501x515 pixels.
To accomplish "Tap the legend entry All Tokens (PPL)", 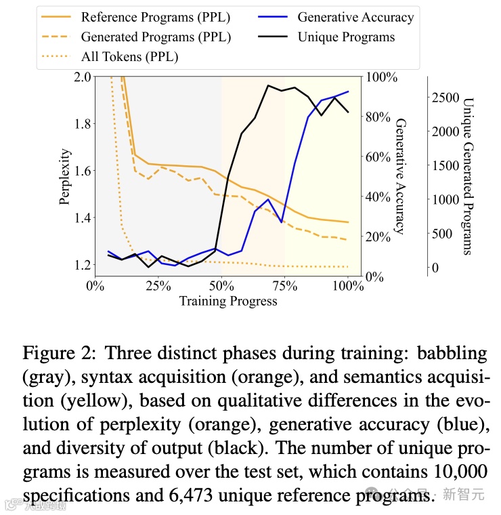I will (129, 56).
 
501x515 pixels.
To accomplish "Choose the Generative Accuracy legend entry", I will (356, 16).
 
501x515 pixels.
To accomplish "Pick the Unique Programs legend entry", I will (346, 37).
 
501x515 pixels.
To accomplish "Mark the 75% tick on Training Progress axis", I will (285, 286).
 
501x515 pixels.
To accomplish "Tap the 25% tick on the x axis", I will (158, 286).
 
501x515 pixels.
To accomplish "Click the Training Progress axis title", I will (228, 301).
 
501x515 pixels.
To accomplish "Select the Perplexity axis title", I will (65, 176).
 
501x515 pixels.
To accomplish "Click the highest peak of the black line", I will (269, 85).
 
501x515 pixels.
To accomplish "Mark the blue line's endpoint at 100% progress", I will (348, 91).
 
